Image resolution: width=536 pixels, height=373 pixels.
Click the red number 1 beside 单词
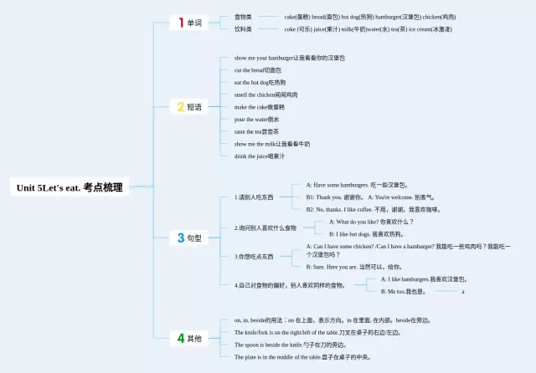click(179, 23)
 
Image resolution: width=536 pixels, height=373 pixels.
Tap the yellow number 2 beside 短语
click(179, 106)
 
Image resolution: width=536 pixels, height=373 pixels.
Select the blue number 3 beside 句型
click(179, 238)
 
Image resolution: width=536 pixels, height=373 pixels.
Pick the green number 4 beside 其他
click(179, 338)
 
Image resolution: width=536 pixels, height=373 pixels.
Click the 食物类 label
click(244, 17)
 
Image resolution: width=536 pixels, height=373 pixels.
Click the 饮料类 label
click(244, 28)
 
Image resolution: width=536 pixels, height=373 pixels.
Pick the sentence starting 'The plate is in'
click(301, 356)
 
